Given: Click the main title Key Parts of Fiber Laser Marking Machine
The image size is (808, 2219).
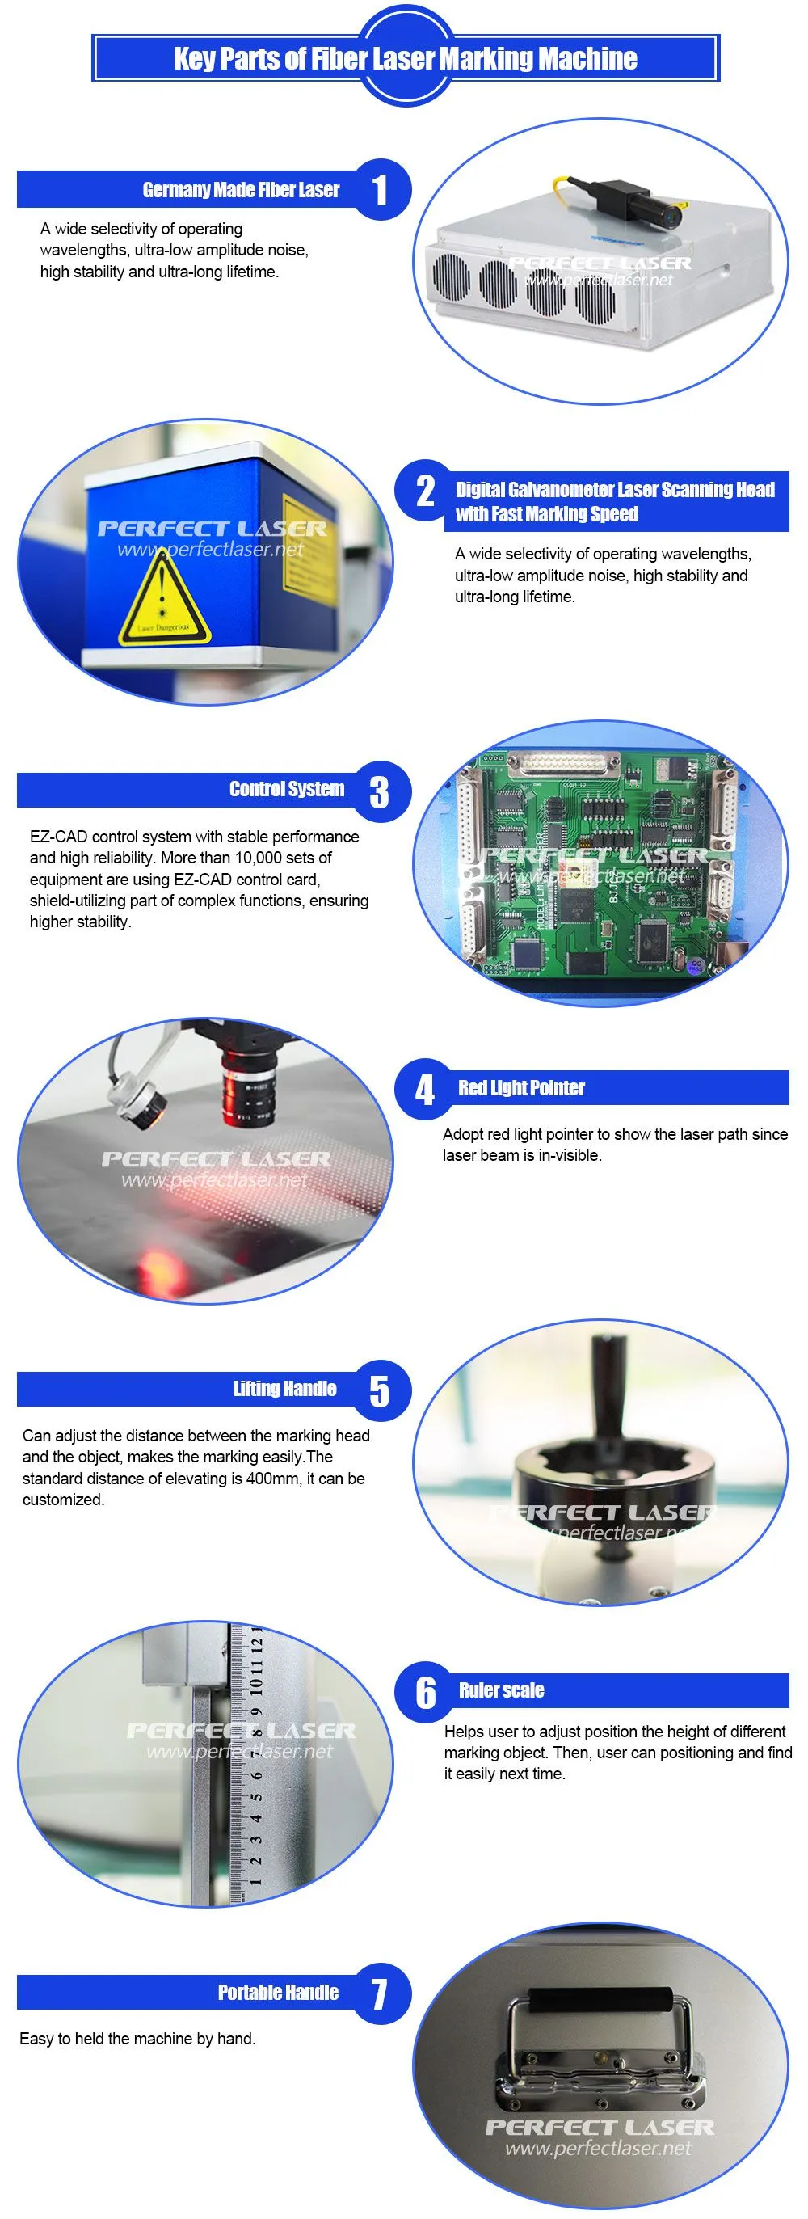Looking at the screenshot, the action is pyautogui.click(x=405, y=58).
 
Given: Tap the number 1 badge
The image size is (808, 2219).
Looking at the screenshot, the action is pyautogui.click(x=380, y=189).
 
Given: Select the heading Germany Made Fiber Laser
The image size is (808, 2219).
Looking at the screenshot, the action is pyautogui.click(x=242, y=189).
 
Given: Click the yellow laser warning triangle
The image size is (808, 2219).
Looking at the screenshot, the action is pyautogui.click(x=164, y=599).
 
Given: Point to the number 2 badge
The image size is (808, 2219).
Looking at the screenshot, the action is pyautogui.click(x=426, y=491).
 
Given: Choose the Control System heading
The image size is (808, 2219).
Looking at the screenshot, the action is pyautogui.click(x=287, y=789).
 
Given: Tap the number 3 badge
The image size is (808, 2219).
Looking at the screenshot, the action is pyautogui.click(x=380, y=791).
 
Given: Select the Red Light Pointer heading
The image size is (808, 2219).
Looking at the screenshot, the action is pyautogui.click(x=521, y=1088).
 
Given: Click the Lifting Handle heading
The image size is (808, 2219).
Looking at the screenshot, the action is pyautogui.click(x=285, y=1389).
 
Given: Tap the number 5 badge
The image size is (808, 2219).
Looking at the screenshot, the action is pyautogui.click(x=380, y=1390).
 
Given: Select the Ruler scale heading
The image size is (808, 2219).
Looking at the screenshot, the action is pyautogui.click(x=501, y=1690).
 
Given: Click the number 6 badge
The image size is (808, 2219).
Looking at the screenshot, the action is pyautogui.click(x=426, y=1692).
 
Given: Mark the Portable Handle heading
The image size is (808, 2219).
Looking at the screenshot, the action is pyautogui.click(x=278, y=1993).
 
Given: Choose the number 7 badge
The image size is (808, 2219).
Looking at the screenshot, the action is pyautogui.click(x=380, y=1993).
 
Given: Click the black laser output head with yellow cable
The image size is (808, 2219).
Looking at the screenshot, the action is pyautogui.click(x=641, y=205).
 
